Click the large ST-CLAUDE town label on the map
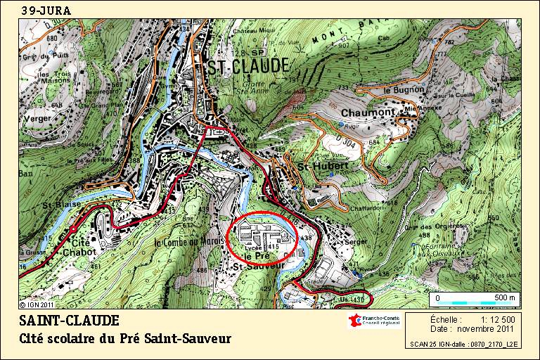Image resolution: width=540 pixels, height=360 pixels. pyautogui.click(x=247, y=66)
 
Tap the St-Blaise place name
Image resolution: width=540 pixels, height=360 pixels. pyautogui.click(x=58, y=205)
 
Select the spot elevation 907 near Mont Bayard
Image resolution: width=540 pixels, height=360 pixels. pyautogui.click(x=343, y=45)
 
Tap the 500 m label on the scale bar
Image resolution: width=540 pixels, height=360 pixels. pyautogui.click(x=505, y=297)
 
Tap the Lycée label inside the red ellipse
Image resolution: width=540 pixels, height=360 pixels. pyautogui.click(x=254, y=248)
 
